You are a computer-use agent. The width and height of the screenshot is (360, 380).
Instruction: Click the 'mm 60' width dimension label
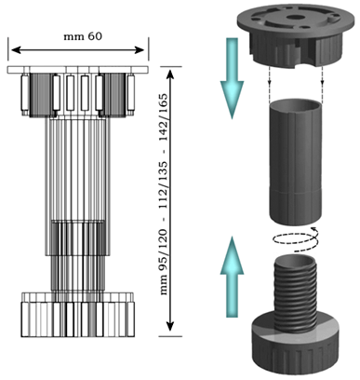pos(83,36)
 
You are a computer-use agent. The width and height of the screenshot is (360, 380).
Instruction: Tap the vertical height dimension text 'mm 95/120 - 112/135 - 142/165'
pos(164,194)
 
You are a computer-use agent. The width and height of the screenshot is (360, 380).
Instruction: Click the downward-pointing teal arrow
pos(232,78)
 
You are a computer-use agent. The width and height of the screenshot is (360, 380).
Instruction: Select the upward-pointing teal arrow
pos(232,277)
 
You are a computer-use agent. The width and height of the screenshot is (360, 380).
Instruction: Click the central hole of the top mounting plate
pos(293,17)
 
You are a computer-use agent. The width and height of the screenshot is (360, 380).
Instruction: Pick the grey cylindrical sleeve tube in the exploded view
pos(296,161)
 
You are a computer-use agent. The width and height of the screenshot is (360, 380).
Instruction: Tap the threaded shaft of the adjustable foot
pos(295,292)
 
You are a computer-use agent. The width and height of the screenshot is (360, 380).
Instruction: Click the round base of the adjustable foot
pos(296,346)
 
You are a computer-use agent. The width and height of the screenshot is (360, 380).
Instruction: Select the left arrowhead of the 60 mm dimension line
pos(16,49)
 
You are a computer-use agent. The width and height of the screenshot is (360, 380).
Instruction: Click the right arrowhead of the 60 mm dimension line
pos(140,49)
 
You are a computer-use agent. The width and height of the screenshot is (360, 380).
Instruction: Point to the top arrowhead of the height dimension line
pos(170,75)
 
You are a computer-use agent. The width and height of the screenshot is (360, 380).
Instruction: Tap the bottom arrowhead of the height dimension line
pos(170,326)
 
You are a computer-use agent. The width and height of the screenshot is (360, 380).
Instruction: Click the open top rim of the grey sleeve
pos(296,105)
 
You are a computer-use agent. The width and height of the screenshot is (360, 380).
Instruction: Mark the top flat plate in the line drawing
pos(77,70)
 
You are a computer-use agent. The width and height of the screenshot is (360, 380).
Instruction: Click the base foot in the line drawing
pos(78,314)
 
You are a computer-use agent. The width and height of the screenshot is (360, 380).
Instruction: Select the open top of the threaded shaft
pos(296,260)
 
